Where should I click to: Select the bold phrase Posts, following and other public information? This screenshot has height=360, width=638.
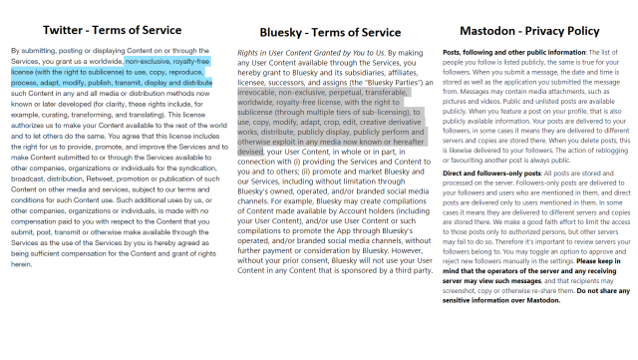click(506, 50)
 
